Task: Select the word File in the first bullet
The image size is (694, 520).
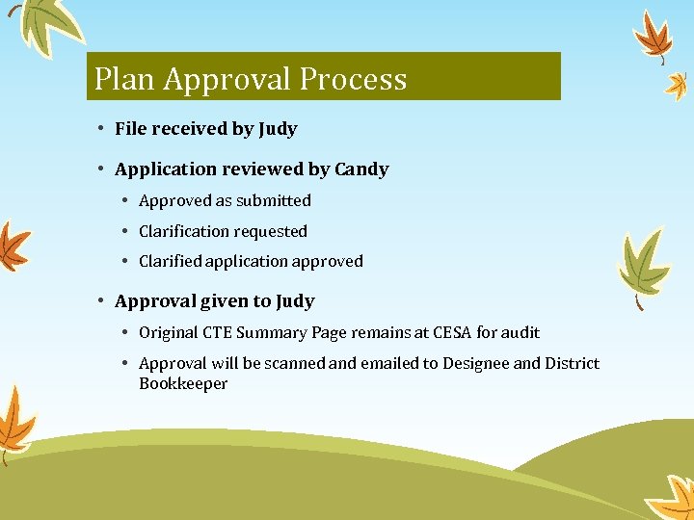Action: (x=130, y=129)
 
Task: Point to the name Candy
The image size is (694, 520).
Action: (x=361, y=169)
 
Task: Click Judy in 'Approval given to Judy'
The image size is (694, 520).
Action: (x=295, y=301)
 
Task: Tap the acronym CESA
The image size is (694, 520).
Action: (x=450, y=333)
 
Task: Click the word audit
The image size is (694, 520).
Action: (x=521, y=333)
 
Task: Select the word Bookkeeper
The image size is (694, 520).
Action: (x=183, y=384)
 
